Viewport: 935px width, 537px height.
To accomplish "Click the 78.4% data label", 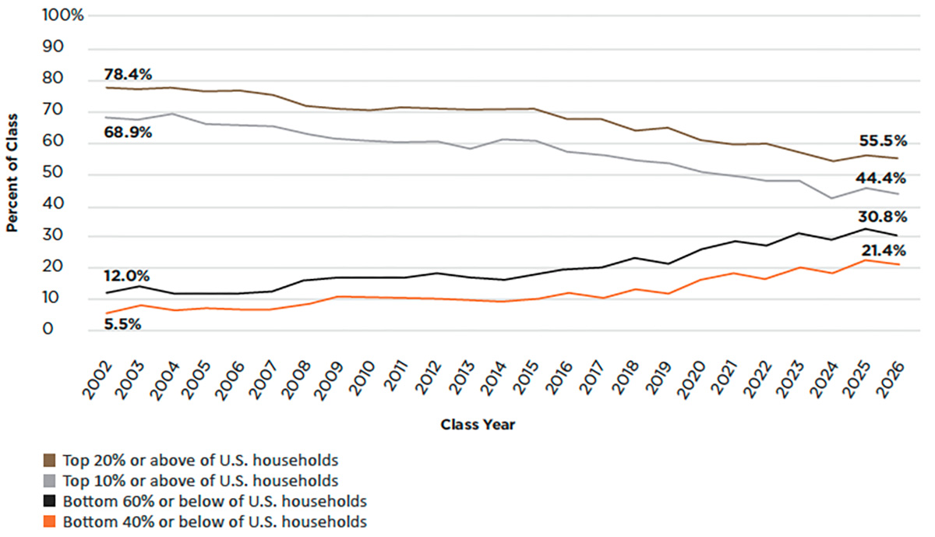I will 128,75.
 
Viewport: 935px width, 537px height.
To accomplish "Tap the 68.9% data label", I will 128,132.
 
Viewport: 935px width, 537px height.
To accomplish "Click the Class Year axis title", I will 478,425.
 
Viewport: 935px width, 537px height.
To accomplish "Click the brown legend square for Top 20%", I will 49,459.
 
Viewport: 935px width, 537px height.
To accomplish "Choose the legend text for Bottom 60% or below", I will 215,500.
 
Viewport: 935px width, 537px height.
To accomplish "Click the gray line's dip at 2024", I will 832,198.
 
